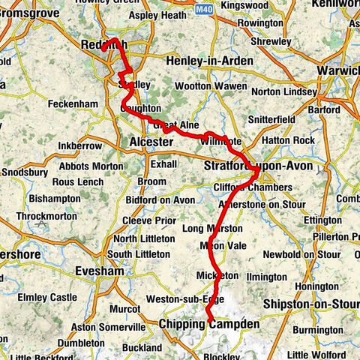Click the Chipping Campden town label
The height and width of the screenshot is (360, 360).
[x=209, y=324]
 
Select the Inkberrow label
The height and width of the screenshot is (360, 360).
[x=78, y=142]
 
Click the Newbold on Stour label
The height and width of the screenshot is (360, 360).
[x=309, y=253]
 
